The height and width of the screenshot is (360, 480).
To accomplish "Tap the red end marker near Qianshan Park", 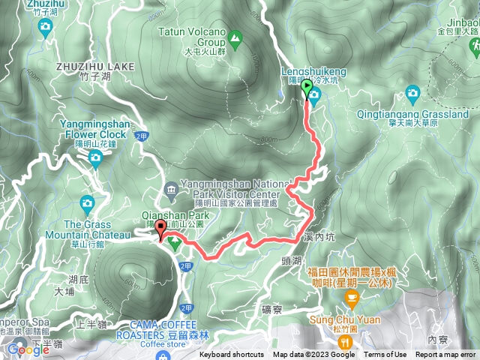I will click(160, 230).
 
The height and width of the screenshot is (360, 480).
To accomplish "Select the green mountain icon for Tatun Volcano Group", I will click(235, 35).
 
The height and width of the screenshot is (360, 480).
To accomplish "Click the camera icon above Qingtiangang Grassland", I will click(412, 94).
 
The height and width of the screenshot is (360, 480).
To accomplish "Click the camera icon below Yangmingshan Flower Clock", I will click(95, 157).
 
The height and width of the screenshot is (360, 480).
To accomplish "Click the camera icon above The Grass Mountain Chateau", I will click(88, 202).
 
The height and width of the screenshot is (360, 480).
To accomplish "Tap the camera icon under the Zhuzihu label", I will click(44, 28).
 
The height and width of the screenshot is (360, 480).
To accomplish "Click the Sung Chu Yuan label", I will click(345, 319).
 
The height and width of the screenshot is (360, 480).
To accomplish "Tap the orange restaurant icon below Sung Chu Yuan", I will click(345, 341).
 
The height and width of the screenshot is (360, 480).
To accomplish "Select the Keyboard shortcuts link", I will click(232, 355).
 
